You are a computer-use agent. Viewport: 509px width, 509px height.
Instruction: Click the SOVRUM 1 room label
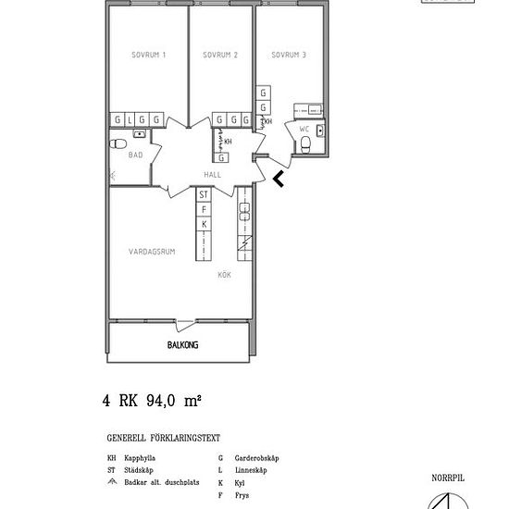[x=150, y=56]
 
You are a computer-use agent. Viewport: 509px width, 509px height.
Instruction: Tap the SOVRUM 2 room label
[x=220, y=56]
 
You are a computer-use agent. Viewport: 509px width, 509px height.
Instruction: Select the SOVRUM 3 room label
[x=289, y=56]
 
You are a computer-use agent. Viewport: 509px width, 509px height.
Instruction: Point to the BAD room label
[x=135, y=155]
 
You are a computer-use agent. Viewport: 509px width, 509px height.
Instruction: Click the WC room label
[x=304, y=130]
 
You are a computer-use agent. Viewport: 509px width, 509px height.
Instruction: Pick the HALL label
[x=213, y=173]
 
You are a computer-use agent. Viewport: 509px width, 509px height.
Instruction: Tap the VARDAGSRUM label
[x=150, y=250]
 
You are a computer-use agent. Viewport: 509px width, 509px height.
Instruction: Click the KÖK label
[x=224, y=275]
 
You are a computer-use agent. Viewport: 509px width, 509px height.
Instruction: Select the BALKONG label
[x=183, y=345]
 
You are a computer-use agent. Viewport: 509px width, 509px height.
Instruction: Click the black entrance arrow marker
[x=279, y=178]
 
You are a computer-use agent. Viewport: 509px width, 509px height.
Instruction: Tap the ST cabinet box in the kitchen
[x=204, y=195]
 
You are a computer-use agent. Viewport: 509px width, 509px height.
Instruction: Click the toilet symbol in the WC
[x=304, y=145]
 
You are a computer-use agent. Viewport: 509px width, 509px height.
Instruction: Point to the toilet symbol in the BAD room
[x=118, y=145]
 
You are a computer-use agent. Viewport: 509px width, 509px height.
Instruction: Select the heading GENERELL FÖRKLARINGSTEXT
[x=164, y=439]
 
